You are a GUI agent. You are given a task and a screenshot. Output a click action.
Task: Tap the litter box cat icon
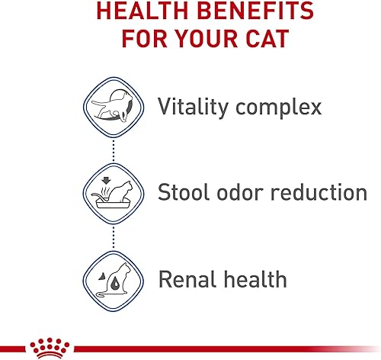point(112,192)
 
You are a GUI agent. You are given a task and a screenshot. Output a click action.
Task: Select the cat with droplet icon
point(112,279)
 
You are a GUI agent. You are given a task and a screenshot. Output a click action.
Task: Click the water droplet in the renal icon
point(104,284)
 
